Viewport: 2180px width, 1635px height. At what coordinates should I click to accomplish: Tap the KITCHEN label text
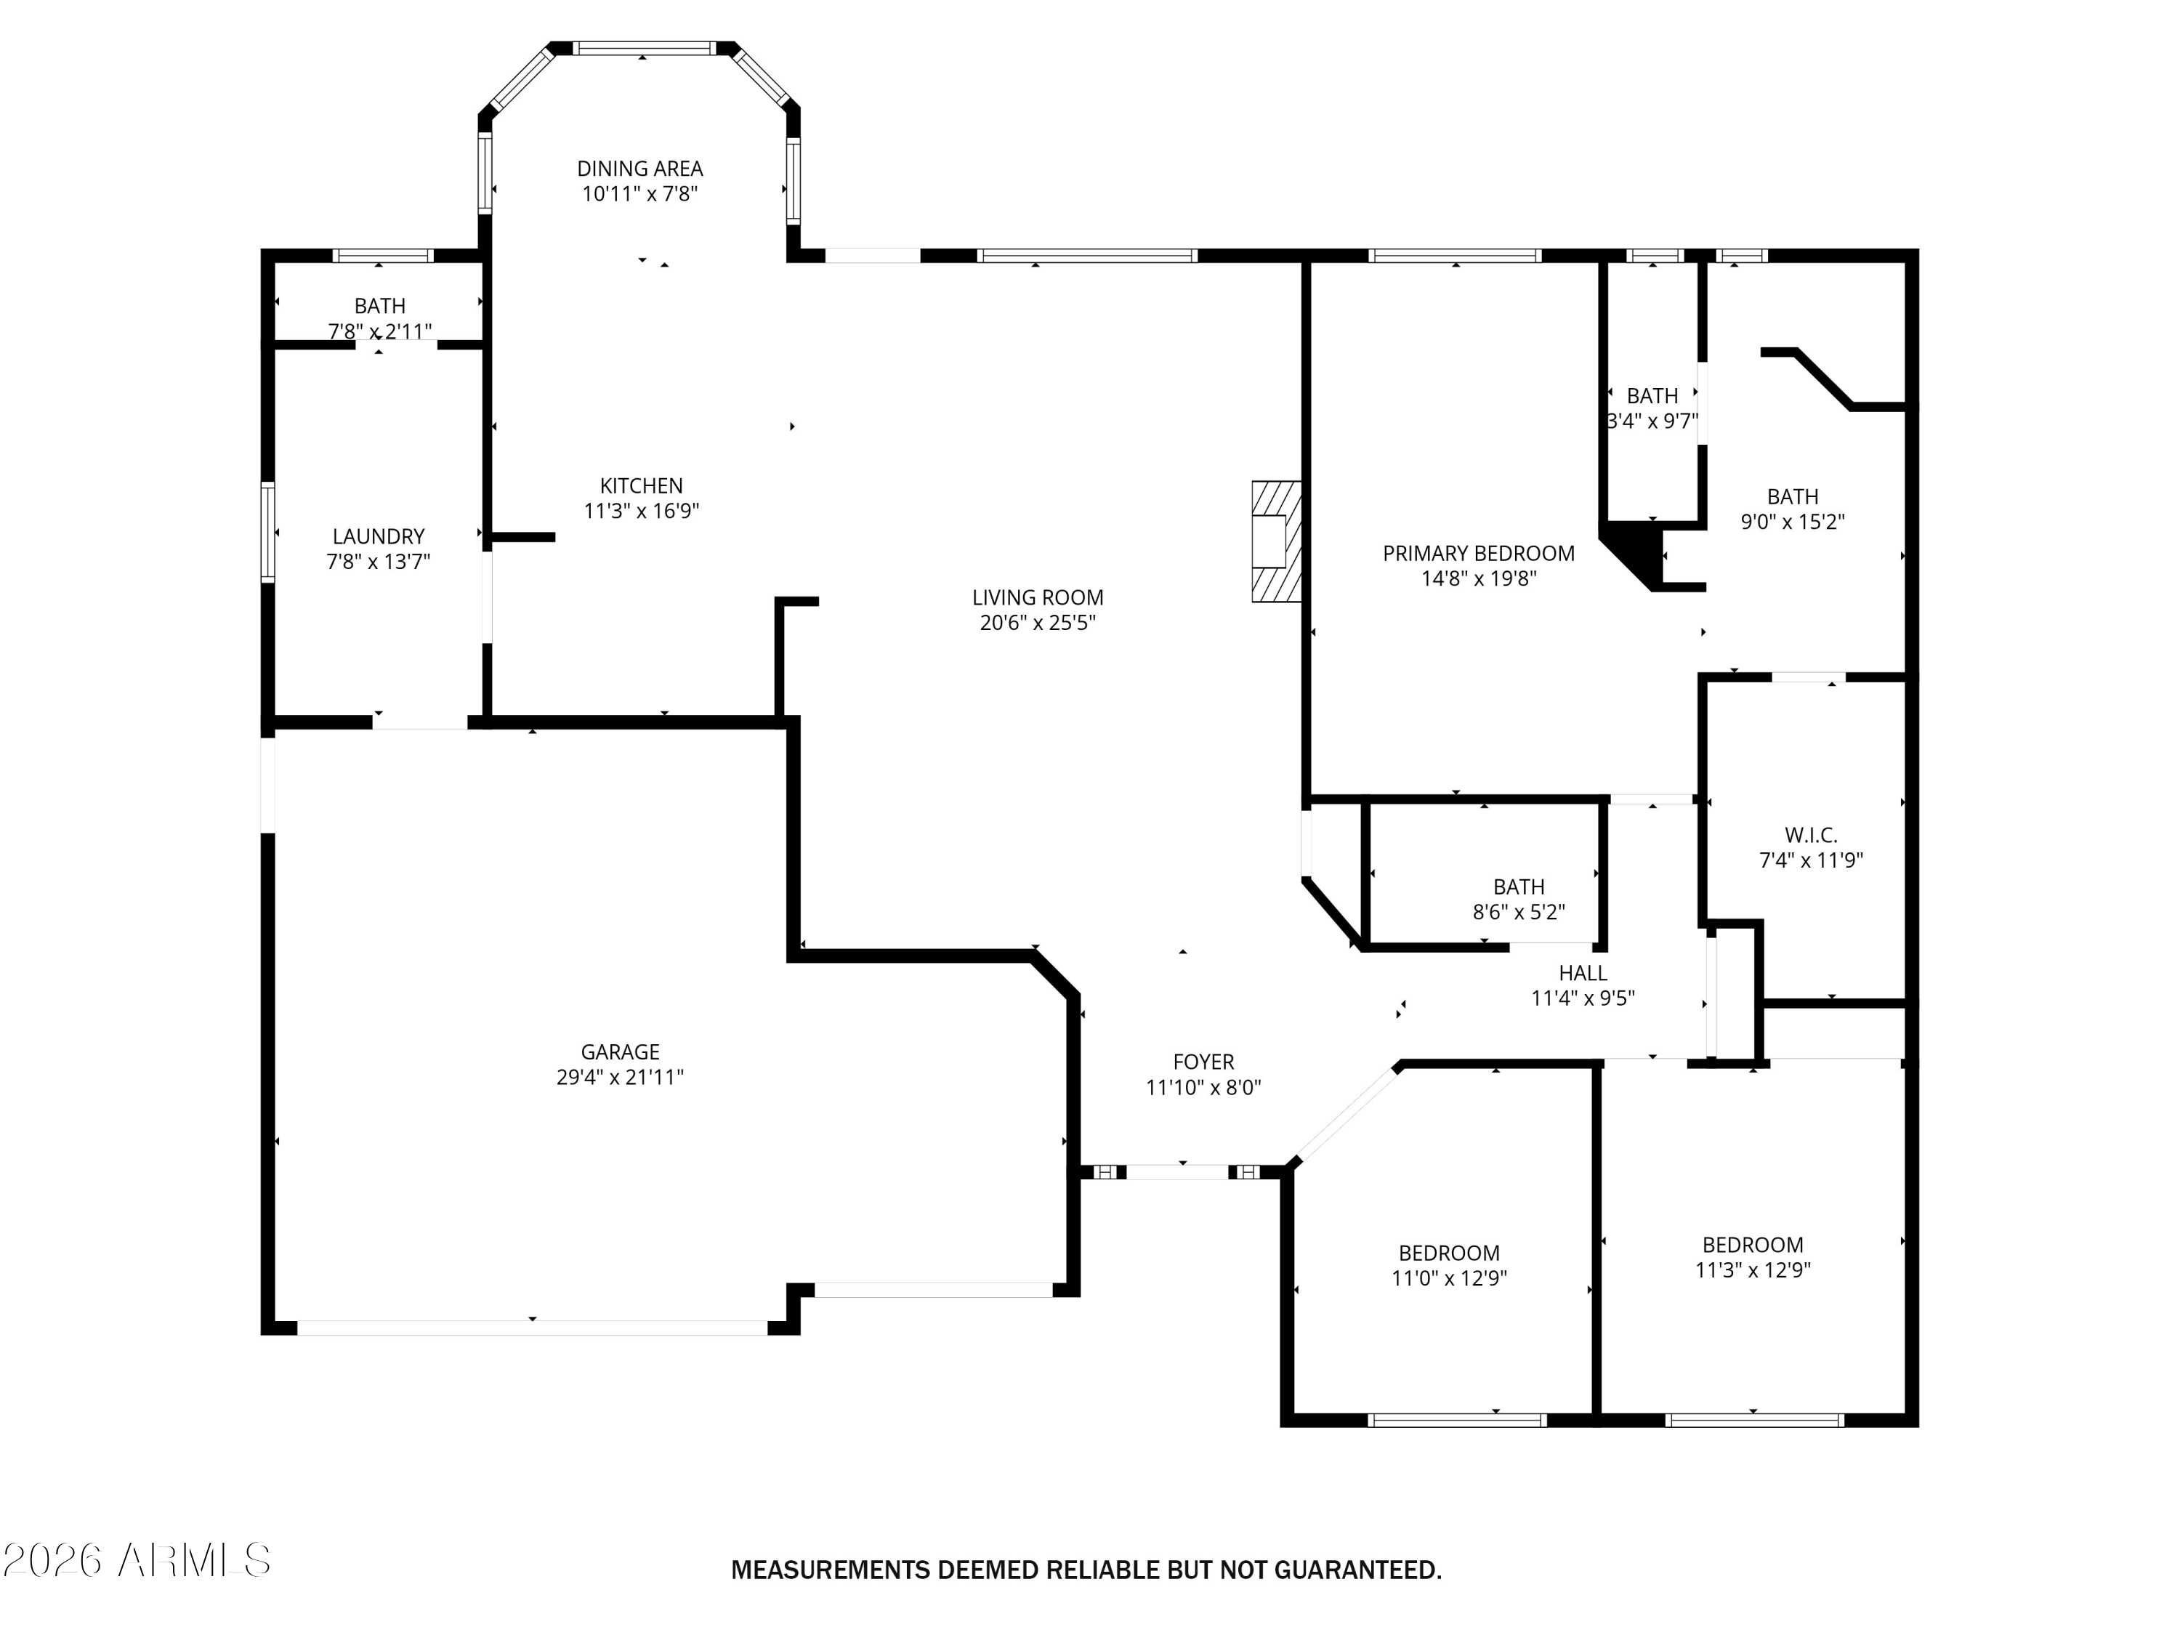point(642,486)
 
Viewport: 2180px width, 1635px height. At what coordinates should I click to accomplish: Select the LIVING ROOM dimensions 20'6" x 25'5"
point(1038,623)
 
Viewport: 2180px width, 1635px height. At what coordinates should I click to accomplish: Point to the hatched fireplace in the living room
point(1276,541)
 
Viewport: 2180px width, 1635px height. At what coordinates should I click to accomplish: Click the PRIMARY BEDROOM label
point(1478,554)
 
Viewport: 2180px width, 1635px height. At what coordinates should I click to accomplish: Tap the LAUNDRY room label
point(379,537)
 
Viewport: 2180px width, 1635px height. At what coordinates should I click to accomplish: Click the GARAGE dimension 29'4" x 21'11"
point(620,1077)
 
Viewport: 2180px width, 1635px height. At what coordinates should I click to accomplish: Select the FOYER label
point(1203,1062)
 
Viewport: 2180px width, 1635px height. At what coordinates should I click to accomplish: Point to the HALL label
point(1583,973)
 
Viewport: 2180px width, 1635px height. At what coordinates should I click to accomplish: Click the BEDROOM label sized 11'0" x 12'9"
point(1449,1253)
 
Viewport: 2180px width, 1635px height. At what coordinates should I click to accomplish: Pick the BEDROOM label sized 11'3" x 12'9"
point(1752,1245)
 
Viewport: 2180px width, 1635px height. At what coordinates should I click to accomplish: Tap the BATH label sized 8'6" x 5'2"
point(1519,887)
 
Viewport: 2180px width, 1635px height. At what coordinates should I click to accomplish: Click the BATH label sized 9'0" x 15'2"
point(1793,497)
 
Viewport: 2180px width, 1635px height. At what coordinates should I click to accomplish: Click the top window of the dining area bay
point(644,47)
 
